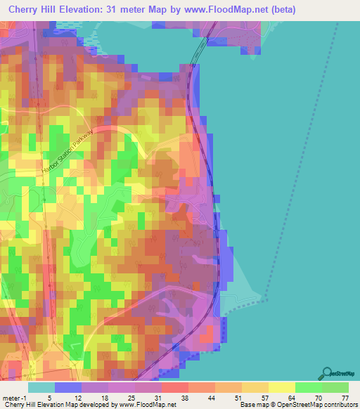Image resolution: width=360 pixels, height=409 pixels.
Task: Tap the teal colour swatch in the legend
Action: click(41, 387)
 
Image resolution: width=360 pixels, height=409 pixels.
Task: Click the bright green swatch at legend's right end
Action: click(335, 387)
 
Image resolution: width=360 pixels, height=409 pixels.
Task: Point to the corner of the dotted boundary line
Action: click(267, 299)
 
